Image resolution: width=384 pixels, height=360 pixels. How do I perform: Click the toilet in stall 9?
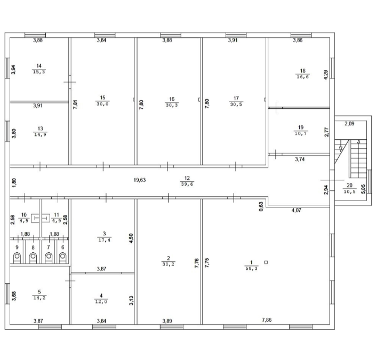(x=17, y=258)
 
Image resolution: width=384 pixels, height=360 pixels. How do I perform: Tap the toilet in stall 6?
(x=63, y=258)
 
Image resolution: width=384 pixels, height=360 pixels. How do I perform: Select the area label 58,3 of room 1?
(x=251, y=268)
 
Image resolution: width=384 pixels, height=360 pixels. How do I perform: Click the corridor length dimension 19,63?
(x=140, y=180)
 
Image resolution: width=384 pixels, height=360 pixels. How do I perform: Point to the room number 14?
(x=39, y=66)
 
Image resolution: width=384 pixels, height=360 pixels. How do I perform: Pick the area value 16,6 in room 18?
(x=303, y=77)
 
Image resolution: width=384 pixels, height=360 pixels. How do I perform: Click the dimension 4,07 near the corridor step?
(x=297, y=210)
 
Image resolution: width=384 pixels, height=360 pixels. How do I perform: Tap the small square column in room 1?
(x=266, y=262)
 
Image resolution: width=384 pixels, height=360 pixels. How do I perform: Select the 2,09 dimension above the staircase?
(x=349, y=124)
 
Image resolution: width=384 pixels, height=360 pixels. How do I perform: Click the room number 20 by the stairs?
(x=349, y=186)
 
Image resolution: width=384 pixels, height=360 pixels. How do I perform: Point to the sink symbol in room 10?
(x=35, y=218)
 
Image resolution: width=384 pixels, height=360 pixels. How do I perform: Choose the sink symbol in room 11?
(x=46, y=218)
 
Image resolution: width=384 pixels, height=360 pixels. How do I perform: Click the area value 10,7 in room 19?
(x=301, y=133)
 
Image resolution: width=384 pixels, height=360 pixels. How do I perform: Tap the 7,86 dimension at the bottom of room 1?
(x=267, y=320)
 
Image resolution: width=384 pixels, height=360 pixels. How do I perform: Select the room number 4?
(x=101, y=296)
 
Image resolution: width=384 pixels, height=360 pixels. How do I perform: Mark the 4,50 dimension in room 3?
(x=131, y=238)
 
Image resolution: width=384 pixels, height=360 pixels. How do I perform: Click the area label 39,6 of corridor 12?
(x=187, y=184)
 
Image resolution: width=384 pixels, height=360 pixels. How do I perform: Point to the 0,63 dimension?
(x=261, y=206)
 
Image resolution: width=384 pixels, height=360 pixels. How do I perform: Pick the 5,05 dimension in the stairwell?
(x=363, y=189)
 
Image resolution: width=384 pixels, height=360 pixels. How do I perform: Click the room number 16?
(x=172, y=99)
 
